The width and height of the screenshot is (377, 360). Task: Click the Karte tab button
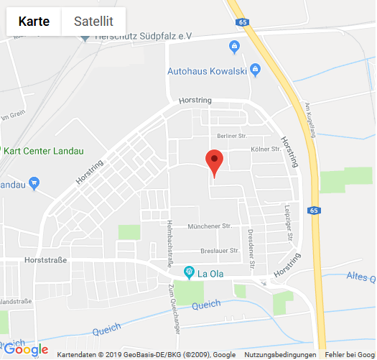point(34,22)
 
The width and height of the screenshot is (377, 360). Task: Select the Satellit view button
point(93,22)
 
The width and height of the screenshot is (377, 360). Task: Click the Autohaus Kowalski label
point(207,71)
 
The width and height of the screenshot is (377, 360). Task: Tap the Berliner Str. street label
point(231,136)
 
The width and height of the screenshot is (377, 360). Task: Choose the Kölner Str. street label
point(265,149)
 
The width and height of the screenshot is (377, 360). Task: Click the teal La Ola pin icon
point(189,272)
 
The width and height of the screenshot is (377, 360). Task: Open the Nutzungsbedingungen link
point(279,355)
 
